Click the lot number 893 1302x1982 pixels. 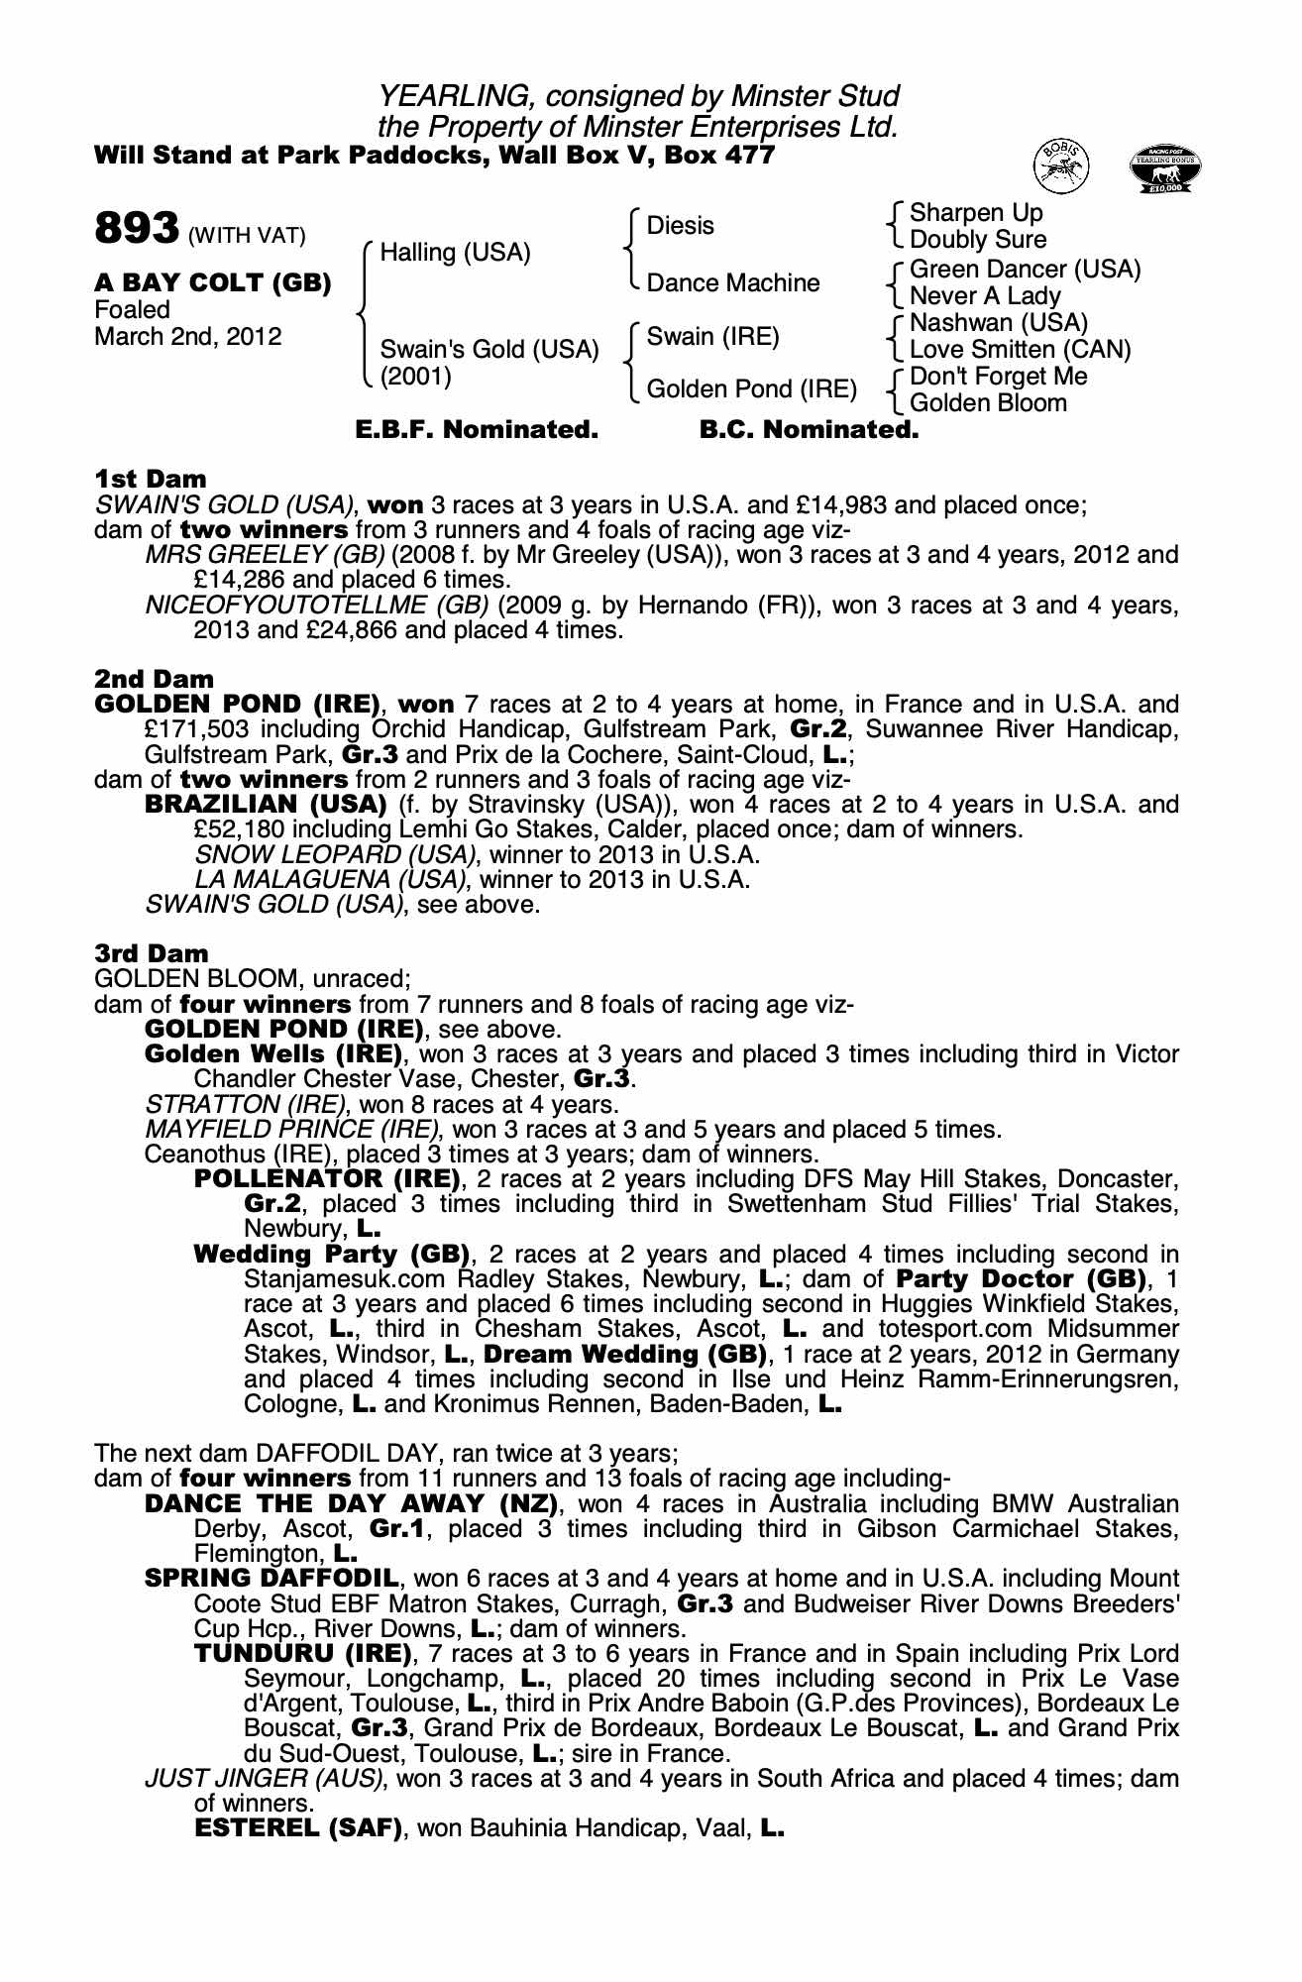point(136,229)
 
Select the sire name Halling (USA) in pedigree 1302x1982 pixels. point(455,253)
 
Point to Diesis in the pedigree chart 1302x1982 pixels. point(680,226)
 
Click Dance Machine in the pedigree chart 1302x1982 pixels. point(732,283)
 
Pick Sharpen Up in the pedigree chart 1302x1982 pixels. point(975,213)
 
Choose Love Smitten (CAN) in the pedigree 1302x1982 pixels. point(1020,350)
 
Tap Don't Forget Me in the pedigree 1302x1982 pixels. point(998,377)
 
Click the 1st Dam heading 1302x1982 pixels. point(150,480)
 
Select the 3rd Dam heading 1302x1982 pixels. point(151,953)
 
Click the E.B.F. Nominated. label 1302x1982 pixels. point(477,430)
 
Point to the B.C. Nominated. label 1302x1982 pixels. point(809,430)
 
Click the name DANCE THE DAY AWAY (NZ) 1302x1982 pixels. point(349,1503)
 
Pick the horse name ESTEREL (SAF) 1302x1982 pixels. point(298,1827)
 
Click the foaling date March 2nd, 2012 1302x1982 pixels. point(187,337)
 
